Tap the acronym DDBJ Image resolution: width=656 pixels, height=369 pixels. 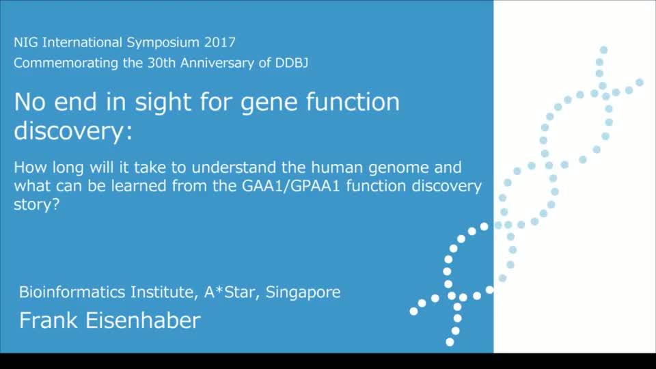(292, 63)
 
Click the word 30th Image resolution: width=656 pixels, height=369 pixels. (161, 63)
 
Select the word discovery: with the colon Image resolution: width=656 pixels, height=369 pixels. (73, 131)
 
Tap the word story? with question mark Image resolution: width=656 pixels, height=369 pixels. (37, 205)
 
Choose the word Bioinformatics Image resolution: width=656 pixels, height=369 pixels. (72, 292)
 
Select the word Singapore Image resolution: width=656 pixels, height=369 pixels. (303, 292)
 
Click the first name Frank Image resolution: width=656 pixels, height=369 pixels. (49, 320)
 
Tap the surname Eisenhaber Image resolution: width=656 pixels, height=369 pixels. (143, 320)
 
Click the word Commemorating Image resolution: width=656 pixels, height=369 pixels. (66, 64)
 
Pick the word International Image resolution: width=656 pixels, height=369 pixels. (83, 42)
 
